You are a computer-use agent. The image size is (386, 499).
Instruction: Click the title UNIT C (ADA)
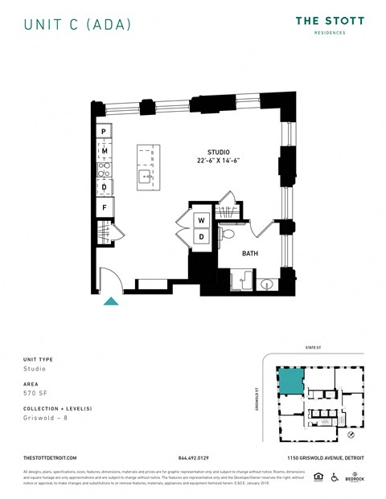pos(76,24)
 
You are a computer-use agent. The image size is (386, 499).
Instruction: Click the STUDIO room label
pos(219,153)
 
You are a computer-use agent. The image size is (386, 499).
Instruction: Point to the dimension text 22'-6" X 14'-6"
pos(219,162)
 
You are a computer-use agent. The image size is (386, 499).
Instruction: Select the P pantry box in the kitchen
pos(104,132)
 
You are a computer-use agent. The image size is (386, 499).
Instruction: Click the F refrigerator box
pos(104,208)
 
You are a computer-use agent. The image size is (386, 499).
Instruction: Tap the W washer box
pos(201,219)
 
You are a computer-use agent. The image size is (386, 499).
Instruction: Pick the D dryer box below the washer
pos(201,237)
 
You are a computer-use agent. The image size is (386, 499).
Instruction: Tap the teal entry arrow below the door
pos(112,301)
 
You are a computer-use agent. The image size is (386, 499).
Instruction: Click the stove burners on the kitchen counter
pos(104,169)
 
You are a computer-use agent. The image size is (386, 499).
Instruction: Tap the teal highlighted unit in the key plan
pos(290,381)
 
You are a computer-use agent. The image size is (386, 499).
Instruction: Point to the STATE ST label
pos(314,348)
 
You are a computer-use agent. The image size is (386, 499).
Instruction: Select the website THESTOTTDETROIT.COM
pos(51,457)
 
